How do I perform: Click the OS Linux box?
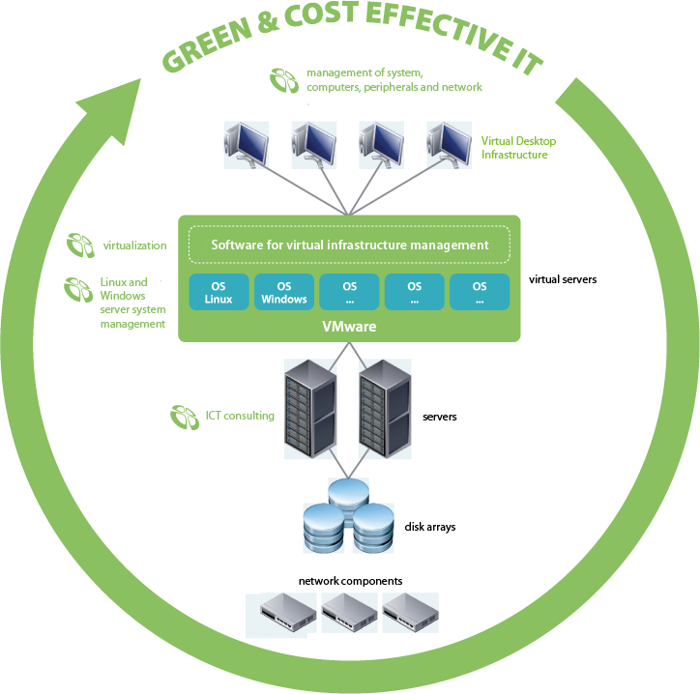(219, 292)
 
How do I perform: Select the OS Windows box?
(283, 292)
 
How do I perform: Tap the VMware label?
(349, 328)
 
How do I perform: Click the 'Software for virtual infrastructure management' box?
(349, 245)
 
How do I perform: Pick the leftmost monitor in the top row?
(246, 145)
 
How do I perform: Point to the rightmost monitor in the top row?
(449, 145)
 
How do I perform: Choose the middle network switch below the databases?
(348, 611)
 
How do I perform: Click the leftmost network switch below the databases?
(286, 611)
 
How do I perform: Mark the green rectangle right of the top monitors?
(518, 147)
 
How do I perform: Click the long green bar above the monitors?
(394, 80)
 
